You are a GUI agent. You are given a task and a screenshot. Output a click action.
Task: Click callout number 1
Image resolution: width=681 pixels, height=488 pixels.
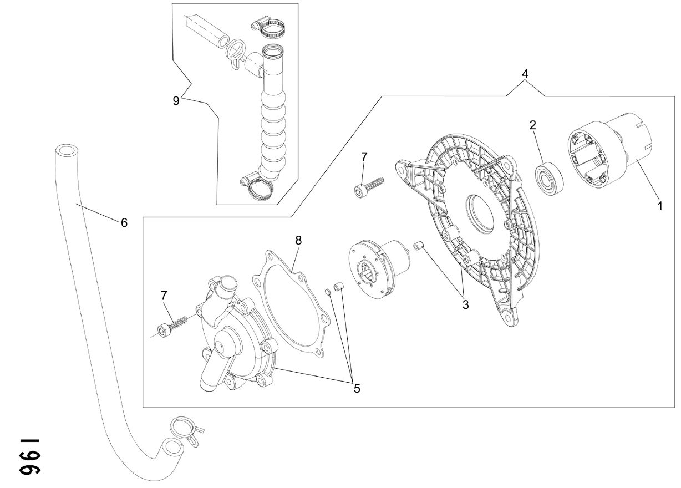pyautogui.click(x=660, y=206)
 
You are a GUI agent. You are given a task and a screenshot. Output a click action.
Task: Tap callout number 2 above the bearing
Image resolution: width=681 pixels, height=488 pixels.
pyautogui.click(x=532, y=125)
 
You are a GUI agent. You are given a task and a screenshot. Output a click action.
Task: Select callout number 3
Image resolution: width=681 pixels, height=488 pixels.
pyautogui.click(x=466, y=304)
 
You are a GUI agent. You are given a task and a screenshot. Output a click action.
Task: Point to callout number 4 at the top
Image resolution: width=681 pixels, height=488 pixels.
pyautogui.click(x=525, y=74)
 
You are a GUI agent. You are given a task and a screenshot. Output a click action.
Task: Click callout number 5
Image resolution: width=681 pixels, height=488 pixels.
pyautogui.click(x=357, y=388)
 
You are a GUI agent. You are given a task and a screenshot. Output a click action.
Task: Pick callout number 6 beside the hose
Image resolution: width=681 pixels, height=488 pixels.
pyautogui.click(x=124, y=223)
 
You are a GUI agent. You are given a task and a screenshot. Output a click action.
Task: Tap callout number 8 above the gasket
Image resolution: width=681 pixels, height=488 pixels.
pyautogui.click(x=298, y=240)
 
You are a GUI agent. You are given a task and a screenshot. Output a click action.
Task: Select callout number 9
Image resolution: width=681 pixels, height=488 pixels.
pyautogui.click(x=176, y=100)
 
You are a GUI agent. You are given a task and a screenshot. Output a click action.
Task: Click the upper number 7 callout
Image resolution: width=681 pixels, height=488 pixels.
pyautogui.click(x=364, y=157)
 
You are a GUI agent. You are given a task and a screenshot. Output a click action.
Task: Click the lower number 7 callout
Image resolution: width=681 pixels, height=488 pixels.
pyautogui.click(x=164, y=295)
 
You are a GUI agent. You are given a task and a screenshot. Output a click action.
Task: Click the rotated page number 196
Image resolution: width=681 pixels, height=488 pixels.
pyautogui.click(x=30, y=457)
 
